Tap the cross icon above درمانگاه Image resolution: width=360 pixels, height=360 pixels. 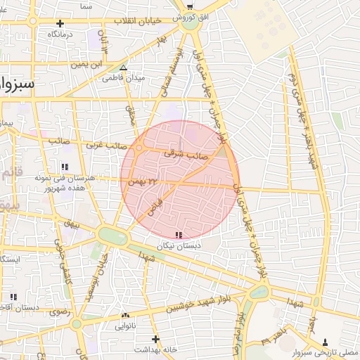click(60, 23)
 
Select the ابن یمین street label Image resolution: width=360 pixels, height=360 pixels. click(87, 64)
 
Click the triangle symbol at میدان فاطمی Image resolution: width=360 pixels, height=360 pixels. click(124, 68)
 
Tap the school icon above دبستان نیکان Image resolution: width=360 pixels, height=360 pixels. click(179, 235)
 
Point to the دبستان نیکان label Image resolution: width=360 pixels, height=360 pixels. click(179, 245)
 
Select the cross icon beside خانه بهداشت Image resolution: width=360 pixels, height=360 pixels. click(138, 348)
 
